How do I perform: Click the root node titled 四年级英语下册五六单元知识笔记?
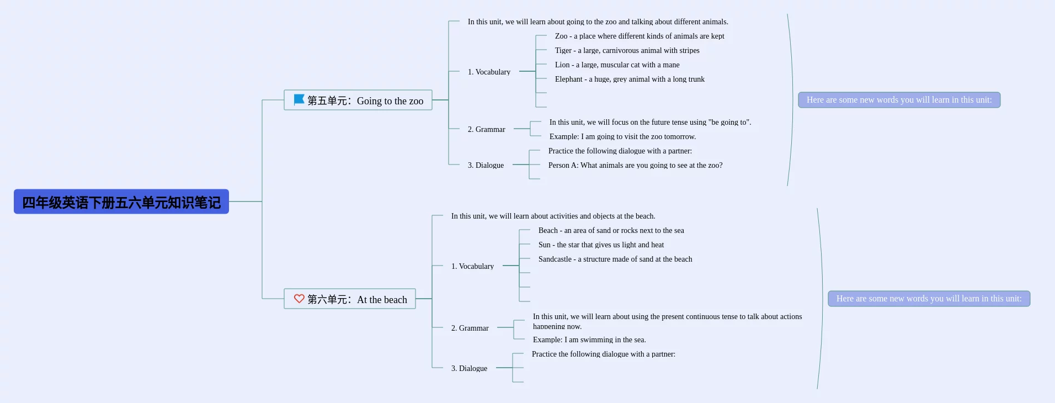pos(121,202)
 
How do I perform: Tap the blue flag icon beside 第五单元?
pos(299,99)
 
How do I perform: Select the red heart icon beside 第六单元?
pos(299,299)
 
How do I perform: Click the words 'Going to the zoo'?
pos(390,100)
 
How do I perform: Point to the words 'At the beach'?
pos(382,299)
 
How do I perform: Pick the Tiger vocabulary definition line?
pos(627,50)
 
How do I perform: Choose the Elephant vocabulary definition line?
pos(630,79)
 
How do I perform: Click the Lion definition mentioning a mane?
pos(617,65)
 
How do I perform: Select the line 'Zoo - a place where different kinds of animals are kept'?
pos(640,36)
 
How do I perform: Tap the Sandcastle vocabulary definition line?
pos(615,259)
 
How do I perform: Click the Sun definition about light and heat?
pos(601,245)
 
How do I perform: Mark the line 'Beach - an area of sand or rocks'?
pos(611,230)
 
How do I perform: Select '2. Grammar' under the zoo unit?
pos(486,129)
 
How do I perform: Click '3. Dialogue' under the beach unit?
pos(469,368)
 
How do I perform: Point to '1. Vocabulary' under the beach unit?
pos(472,266)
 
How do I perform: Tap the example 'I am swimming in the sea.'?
pos(589,340)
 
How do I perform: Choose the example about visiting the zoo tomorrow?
pos(622,136)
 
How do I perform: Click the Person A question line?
pos(635,165)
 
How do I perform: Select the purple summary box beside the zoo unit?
pos(899,100)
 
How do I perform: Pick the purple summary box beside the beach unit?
pos(929,299)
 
